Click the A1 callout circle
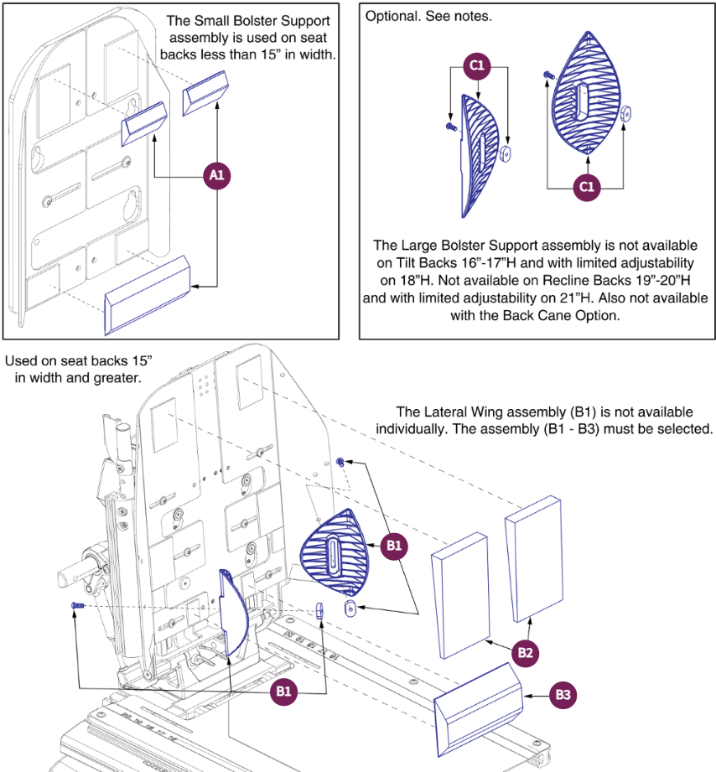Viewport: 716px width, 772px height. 218,176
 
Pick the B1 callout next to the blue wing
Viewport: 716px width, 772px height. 393,547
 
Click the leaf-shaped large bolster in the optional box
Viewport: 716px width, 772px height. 584,93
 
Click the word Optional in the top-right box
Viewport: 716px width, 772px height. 391,17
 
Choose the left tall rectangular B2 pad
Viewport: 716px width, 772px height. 459,594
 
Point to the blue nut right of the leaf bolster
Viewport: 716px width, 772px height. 627,113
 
